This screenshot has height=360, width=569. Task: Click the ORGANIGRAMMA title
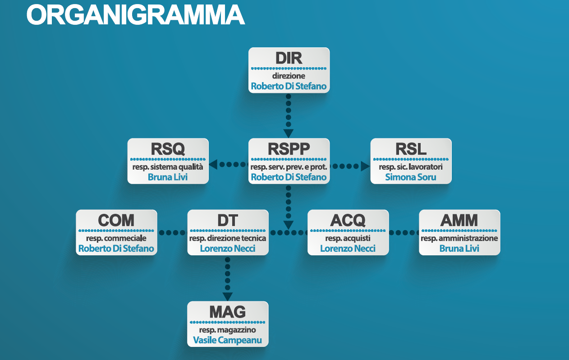coord(136,15)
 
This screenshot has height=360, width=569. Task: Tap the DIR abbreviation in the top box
coord(289,58)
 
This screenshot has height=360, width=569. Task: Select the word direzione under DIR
coord(289,76)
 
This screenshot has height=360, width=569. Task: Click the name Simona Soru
coord(411,177)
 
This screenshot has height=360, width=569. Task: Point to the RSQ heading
coord(168,149)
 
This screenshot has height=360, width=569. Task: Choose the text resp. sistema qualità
coord(168,167)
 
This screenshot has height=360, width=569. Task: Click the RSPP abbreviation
coord(289,149)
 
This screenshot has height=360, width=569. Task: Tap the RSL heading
coord(411,149)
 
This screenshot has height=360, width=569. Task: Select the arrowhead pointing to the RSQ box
coord(213,165)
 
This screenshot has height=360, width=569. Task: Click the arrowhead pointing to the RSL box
coord(365,166)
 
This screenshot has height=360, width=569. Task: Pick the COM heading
coord(116,220)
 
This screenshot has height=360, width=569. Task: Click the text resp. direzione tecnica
coord(228,238)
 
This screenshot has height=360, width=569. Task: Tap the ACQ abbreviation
coord(348,220)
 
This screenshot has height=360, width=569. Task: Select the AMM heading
coord(459,220)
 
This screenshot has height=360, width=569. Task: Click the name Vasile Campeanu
coord(227,340)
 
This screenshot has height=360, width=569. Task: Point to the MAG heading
coord(227,312)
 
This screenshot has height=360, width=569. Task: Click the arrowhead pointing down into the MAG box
coord(228,296)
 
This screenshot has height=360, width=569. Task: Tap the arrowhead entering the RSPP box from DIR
coord(288,133)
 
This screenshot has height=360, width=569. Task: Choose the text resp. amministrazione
coord(459,238)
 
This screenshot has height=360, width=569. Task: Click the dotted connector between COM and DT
coord(173,232)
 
